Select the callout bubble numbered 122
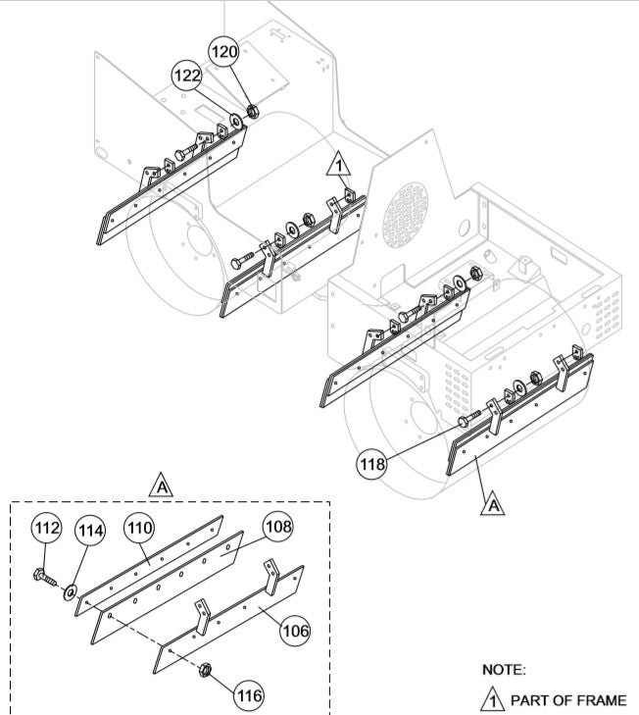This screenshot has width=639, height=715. (188, 75)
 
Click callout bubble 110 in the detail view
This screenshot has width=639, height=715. (139, 529)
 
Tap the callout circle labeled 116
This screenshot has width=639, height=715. (248, 694)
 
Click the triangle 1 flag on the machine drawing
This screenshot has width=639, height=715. (337, 167)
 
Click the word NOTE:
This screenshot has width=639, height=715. (504, 670)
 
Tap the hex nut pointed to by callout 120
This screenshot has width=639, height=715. (251, 110)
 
